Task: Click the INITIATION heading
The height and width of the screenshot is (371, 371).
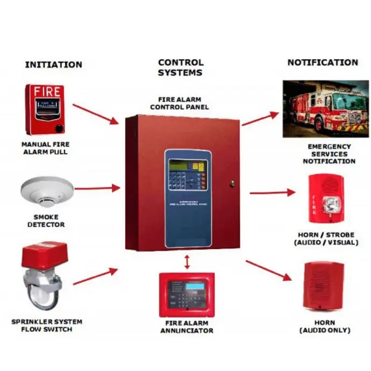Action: (x=53, y=65)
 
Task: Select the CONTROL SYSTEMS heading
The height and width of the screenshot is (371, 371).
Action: (x=180, y=67)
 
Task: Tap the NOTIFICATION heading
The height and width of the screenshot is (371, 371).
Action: (x=323, y=62)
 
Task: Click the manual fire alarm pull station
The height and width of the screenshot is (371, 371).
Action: (x=44, y=109)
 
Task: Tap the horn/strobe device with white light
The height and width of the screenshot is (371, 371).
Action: (x=326, y=198)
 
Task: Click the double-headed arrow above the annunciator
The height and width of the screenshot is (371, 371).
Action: (x=187, y=262)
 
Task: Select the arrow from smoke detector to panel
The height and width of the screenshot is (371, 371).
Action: (x=97, y=188)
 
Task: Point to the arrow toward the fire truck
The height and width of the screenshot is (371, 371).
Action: (x=260, y=119)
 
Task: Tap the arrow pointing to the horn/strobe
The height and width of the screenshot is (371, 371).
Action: (x=272, y=192)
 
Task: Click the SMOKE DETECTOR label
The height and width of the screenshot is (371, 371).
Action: (x=46, y=221)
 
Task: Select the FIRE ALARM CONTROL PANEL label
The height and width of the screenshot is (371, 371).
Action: (x=180, y=103)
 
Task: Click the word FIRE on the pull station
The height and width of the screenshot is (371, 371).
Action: (x=44, y=91)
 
